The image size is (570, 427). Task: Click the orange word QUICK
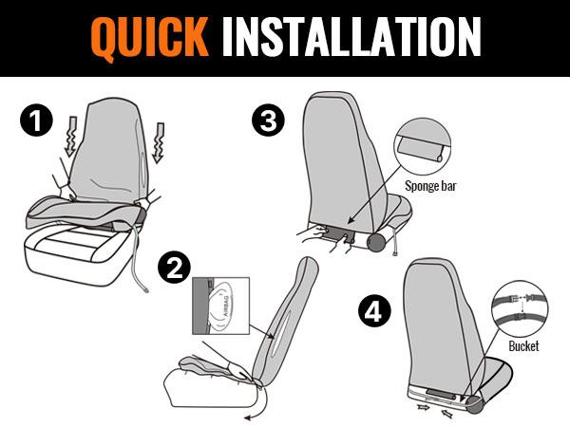click(x=150, y=38)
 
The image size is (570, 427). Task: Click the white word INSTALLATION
click(x=351, y=37)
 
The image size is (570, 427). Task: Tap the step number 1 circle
click(x=36, y=121)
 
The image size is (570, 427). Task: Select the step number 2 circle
click(x=174, y=268)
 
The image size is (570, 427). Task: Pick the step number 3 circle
click(x=268, y=120)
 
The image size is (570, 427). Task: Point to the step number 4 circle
click(x=374, y=310)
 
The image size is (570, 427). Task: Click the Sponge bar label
click(x=430, y=186)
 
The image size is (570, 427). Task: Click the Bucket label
click(x=523, y=345)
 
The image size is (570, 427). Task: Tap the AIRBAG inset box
click(x=221, y=306)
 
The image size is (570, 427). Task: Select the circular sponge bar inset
click(x=423, y=146)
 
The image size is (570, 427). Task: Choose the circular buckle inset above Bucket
click(x=520, y=308)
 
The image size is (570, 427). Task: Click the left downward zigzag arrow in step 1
click(x=71, y=137)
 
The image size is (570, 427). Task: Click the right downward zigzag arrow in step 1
click(x=159, y=143)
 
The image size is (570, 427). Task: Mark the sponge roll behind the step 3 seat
click(x=378, y=241)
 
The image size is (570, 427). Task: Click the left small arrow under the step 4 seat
click(x=423, y=407)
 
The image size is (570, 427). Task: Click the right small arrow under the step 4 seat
click(x=447, y=413)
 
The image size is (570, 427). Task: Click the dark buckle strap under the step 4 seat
click(x=440, y=394)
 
